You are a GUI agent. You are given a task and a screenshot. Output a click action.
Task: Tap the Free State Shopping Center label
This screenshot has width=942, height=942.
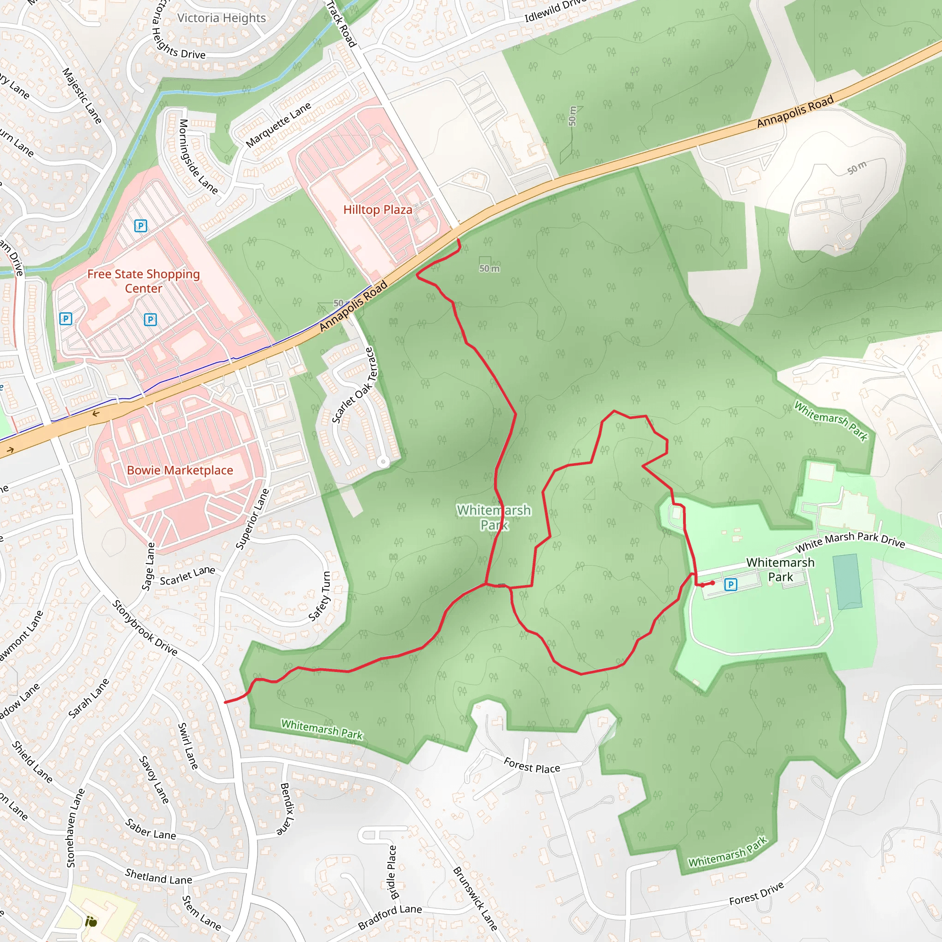click(144, 281)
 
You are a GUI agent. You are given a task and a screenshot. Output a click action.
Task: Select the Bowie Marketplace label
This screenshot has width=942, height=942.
click(180, 470)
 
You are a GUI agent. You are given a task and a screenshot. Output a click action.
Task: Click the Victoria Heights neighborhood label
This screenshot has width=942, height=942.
click(221, 18)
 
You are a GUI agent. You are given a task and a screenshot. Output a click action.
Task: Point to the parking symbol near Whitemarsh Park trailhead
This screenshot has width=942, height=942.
click(730, 584)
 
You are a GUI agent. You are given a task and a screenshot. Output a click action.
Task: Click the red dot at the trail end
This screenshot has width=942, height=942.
click(713, 583)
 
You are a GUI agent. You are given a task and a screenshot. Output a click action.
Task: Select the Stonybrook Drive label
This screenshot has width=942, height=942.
click(145, 627)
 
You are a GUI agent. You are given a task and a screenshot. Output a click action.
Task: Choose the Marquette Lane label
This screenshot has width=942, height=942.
click(278, 125)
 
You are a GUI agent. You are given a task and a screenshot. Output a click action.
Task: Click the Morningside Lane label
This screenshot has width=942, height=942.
click(197, 156)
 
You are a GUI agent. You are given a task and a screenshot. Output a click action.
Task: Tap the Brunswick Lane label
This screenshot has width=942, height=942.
click(475, 898)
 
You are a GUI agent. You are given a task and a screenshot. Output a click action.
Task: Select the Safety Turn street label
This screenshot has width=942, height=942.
click(320, 596)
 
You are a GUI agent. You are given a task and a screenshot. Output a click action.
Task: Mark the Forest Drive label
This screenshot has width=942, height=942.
click(756, 893)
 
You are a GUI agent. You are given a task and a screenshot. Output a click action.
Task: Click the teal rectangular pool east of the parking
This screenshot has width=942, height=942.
click(847, 581)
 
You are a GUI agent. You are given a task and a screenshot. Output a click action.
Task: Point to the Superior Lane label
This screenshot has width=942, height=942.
click(252, 519)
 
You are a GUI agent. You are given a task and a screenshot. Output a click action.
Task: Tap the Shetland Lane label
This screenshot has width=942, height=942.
click(159, 877)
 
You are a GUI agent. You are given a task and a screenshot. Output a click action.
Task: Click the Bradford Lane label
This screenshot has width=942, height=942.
click(390, 917)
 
